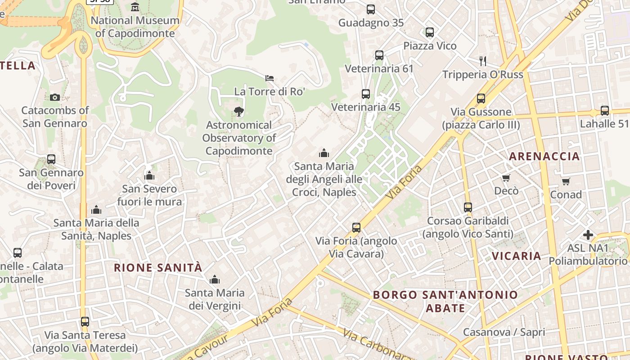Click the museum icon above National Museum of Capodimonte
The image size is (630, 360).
click(x=135, y=7)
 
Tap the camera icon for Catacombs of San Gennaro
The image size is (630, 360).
click(x=54, y=97)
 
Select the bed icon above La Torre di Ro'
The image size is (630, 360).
click(x=270, y=78)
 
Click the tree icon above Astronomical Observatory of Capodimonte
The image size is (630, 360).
click(x=239, y=112)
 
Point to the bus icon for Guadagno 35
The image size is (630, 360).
click(x=370, y=9)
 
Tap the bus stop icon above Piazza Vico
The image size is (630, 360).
click(x=430, y=32)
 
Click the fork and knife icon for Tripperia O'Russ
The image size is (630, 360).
click(x=483, y=61)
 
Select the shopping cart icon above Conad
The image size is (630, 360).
click(x=566, y=181)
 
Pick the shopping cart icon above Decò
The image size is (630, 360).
click(x=506, y=178)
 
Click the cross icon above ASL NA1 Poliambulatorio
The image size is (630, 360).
click(x=588, y=234)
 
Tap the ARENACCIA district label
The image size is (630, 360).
click(x=544, y=157)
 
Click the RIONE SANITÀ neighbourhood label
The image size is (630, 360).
click(x=158, y=268)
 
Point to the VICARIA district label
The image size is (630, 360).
click(x=516, y=256)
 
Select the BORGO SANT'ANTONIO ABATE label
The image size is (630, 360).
click(x=445, y=301)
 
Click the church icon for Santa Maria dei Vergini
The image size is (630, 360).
click(x=215, y=279)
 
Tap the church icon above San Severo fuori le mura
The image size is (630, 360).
click(x=149, y=175)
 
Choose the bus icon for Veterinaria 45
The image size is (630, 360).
click(x=366, y=94)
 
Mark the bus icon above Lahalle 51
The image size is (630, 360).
click(x=604, y=111)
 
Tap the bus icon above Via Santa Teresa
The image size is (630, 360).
click(x=85, y=322)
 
